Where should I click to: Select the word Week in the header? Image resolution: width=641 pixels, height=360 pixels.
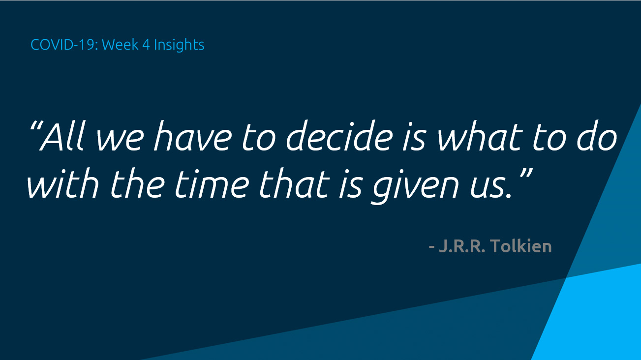click(x=120, y=45)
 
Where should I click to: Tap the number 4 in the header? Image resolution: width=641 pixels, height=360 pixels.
click(x=146, y=45)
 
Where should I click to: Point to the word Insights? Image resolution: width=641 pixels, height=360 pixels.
click(x=179, y=45)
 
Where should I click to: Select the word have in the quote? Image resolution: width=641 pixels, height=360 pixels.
click(x=192, y=136)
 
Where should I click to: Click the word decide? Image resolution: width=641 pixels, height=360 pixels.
click(x=339, y=136)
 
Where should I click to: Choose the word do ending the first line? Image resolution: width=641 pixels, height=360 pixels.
click(x=596, y=136)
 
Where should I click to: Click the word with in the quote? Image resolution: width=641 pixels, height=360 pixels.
click(x=63, y=183)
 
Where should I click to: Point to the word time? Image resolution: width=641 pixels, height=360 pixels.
click(x=212, y=183)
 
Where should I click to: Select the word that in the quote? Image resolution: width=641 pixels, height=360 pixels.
click(x=295, y=183)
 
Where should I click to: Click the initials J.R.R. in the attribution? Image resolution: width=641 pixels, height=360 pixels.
click(x=462, y=246)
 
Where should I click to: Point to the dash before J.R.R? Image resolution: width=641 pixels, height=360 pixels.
click(x=431, y=247)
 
